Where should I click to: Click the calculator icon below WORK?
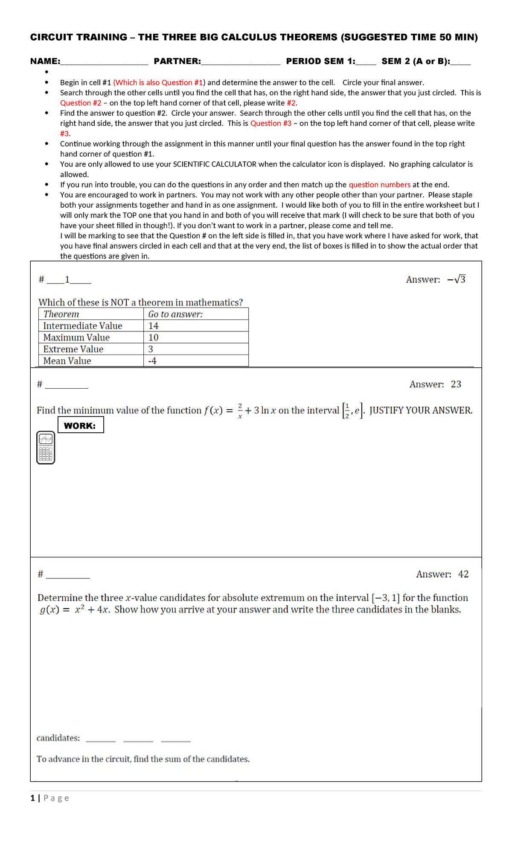46,447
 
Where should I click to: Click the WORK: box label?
80,425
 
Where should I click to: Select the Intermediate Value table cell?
83,326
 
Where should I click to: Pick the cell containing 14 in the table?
154,326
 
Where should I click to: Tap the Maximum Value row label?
76,337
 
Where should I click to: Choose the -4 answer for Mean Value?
152,361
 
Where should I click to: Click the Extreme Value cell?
73,349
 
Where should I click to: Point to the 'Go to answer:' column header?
175,314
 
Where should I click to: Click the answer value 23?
456,384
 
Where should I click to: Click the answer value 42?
463,574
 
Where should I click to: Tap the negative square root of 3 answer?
457,279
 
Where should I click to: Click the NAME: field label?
45,61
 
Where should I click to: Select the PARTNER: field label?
177,61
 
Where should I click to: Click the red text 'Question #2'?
81,103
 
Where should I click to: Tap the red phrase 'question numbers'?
379,185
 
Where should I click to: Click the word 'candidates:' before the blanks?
58,738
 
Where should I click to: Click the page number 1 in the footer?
33,798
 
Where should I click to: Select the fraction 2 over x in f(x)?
240,410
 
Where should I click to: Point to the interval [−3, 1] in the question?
386,598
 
